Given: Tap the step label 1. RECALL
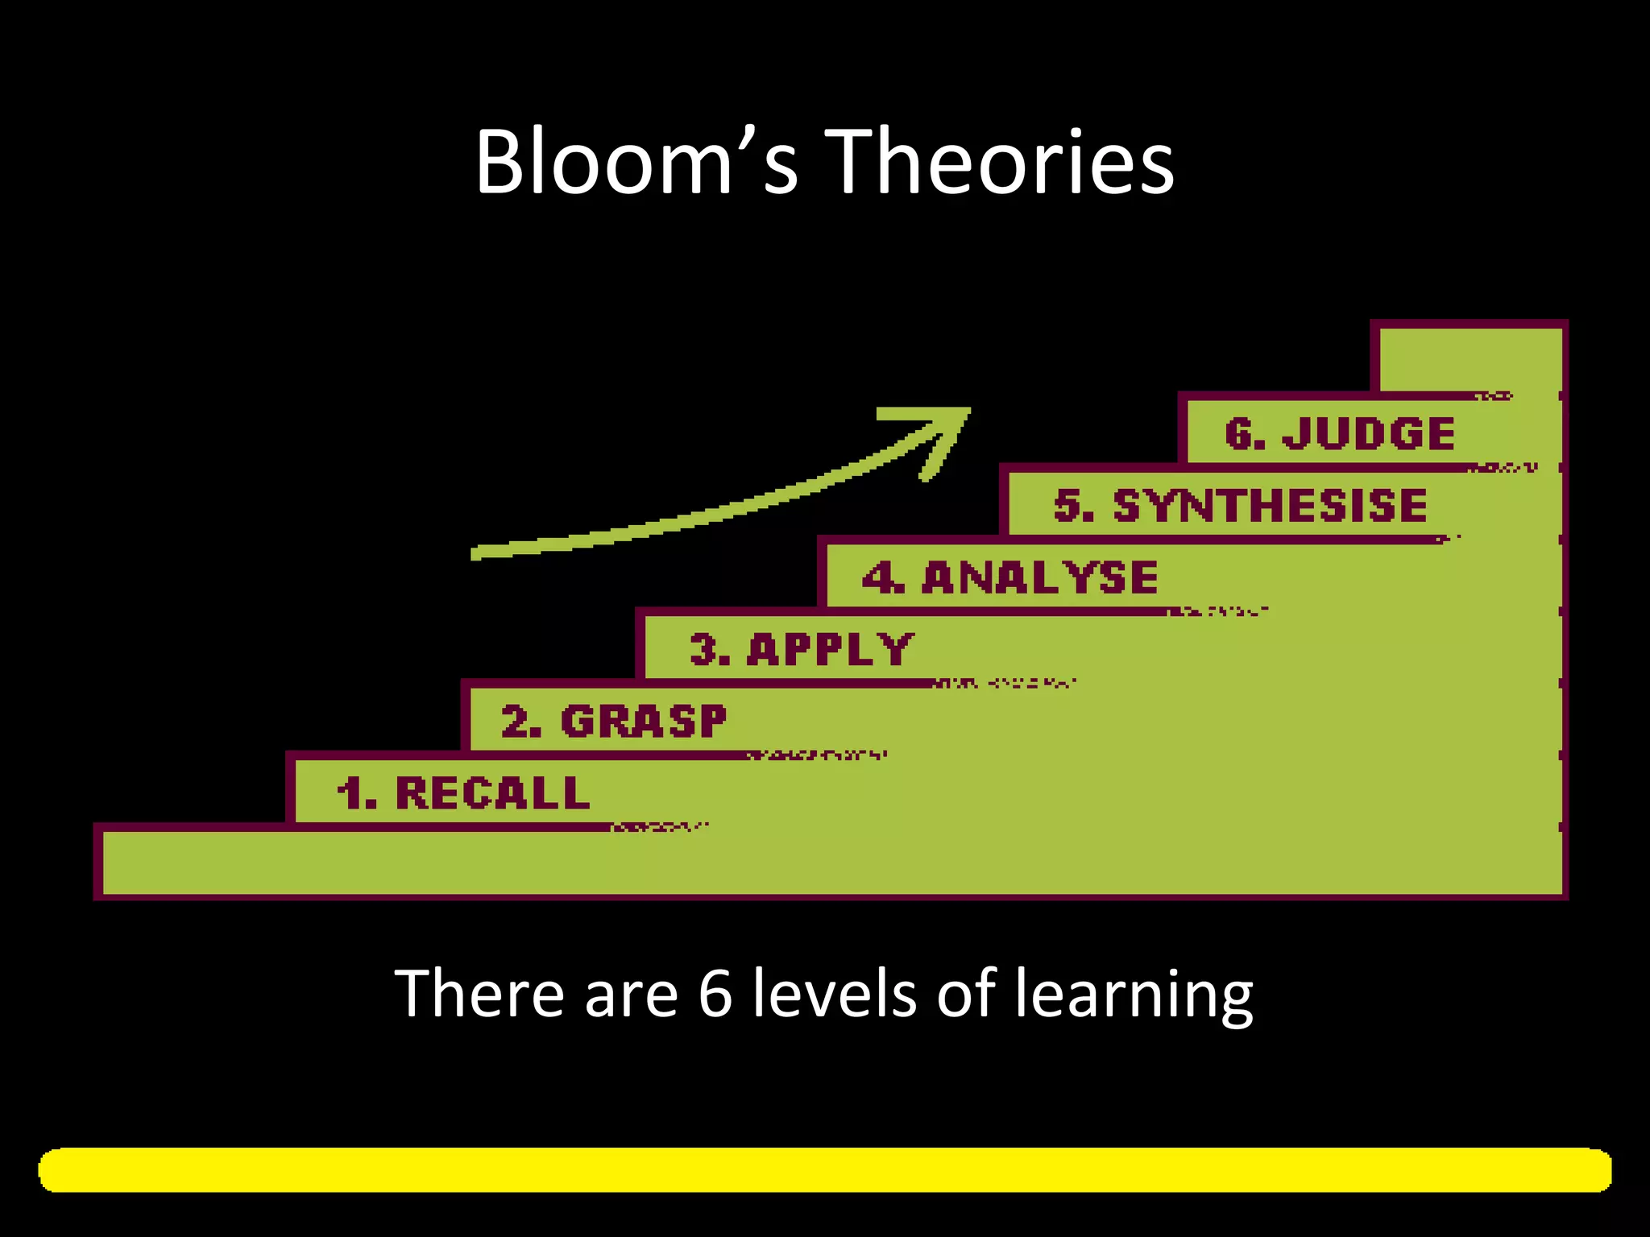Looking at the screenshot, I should (x=463, y=793).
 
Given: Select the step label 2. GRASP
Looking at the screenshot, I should (x=614, y=722).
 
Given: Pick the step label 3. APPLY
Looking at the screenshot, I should (x=802, y=649).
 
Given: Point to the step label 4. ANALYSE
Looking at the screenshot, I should (x=1010, y=577).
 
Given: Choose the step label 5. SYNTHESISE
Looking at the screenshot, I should (x=1241, y=506).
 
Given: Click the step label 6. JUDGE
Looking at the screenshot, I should (x=1340, y=434).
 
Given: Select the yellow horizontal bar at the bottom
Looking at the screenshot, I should (x=825, y=1170).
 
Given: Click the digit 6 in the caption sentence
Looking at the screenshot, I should (x=715, y=994).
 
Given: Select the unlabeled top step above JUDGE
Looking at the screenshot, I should (x=1468, y=359).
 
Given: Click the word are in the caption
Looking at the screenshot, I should (x=631, y=997).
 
